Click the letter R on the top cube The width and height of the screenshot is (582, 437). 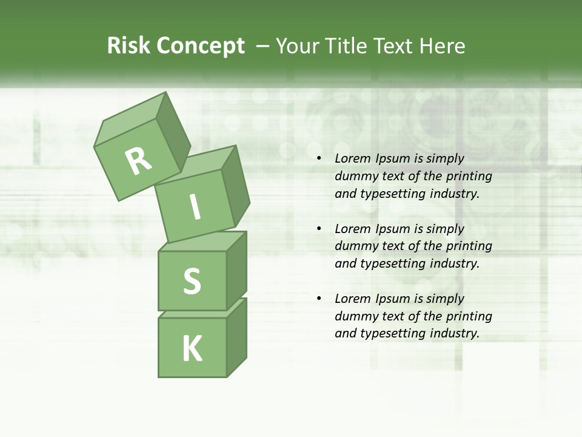pos(138,161)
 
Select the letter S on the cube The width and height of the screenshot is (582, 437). pos(192,281)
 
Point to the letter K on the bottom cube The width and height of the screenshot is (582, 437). pos(192,348)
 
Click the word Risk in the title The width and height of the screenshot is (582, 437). pos(129,46)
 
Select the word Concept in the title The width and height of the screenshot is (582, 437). pos(200,46)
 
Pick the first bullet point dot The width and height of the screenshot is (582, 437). pos(319,159)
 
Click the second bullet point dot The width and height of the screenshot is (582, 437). pos(319,229)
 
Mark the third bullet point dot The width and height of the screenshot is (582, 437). pos(319,299)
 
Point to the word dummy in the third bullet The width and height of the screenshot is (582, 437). pos(354,316)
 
